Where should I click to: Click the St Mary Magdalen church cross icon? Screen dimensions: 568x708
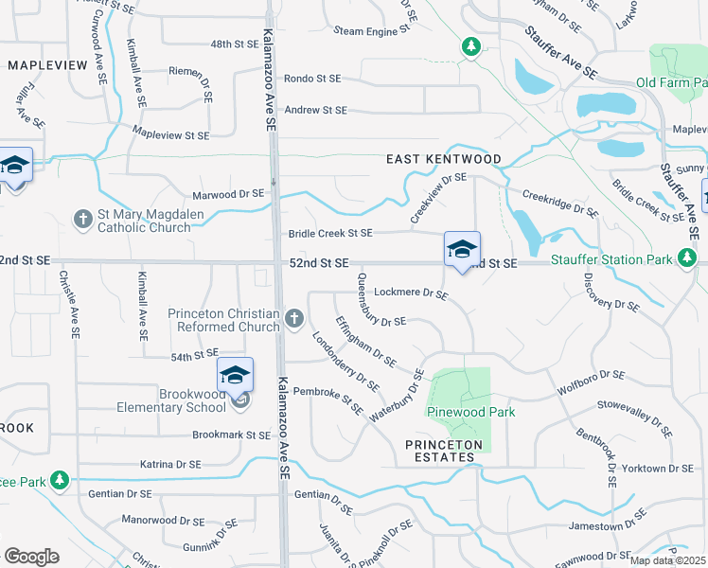pyautogui.click(x=82, y=220)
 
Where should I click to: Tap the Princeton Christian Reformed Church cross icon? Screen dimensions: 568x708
pyautogui.click(x=294, y=319)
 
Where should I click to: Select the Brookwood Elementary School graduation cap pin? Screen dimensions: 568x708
pyautogui.click(x=236, y=375)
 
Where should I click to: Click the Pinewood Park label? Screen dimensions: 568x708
pyautogui.click(x=458, y=412)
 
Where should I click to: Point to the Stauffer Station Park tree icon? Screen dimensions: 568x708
pyautogui.click(x=687, y=258)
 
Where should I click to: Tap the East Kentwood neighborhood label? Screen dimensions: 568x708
pyautogui.click(x=442, y=160)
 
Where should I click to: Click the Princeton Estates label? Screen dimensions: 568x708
pyautogui.click(x=444, y=451)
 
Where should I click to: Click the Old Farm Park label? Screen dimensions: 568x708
pyautogui.click(x=672, y=82)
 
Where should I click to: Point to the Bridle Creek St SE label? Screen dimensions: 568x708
pyautogui.click(x=330, y=233)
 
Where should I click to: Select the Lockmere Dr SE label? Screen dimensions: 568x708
pyautogui.click(x=411, y=293)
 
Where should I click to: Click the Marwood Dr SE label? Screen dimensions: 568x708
pyautogui.click(x=228, y=193)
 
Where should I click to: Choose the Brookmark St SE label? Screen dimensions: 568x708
pyautogui.click(x=231, y=435)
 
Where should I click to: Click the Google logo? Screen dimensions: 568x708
pyautogui.click(x=31, y=557)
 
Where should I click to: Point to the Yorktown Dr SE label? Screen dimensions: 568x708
pyautogui.click(x=661, y=469)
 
